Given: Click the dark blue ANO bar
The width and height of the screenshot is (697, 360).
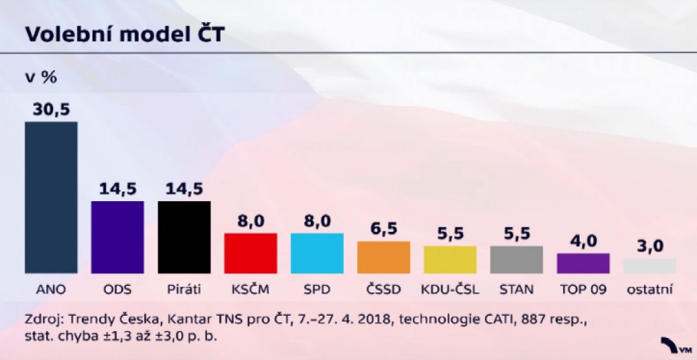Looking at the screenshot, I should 51,197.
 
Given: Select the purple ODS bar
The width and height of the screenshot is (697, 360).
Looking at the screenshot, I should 117,237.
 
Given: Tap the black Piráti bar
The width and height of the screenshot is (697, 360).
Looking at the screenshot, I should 184,237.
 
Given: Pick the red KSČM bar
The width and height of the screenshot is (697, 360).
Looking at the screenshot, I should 251,253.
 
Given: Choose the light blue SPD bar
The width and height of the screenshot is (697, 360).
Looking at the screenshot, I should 317,253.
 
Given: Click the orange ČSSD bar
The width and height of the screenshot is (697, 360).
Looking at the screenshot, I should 383,257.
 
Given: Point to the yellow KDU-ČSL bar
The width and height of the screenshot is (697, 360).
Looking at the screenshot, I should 450,259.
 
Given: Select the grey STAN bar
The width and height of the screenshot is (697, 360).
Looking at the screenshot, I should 517,259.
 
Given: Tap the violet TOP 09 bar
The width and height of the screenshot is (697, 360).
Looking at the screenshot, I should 583,263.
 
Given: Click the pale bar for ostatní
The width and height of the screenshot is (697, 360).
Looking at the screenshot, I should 649,265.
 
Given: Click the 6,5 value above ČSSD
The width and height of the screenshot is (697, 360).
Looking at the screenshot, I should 383,229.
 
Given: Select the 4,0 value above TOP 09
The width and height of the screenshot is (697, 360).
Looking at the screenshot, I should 583,241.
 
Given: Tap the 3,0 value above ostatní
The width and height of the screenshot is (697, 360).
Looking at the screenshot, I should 649,247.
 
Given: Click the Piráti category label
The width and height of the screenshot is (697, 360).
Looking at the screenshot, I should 184,290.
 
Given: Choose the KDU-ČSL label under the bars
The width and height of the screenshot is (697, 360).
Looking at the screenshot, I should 450,290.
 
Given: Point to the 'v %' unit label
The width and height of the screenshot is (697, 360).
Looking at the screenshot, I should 41,77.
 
